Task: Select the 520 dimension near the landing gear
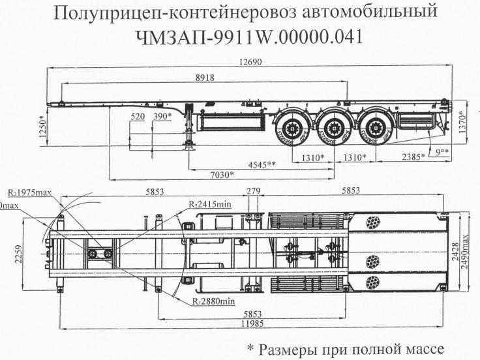click(x=138, y=116)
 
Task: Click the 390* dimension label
click(x=162, y=116)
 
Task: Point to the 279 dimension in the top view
click(x=253, y=190)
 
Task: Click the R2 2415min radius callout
click(x=211, y=205)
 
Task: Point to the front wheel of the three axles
click(x=290, y=127)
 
